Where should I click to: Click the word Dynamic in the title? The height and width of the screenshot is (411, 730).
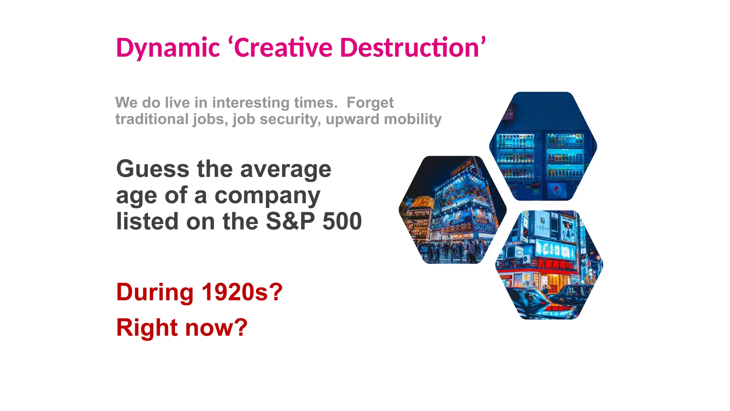(x=168, y=48)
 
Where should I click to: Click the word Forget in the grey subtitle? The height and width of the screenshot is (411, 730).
(x=370, y=103)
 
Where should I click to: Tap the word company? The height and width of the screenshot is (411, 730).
(x=267, y=196)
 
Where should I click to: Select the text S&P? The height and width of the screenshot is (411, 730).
(x=290, y=221)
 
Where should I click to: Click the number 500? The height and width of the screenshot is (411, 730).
(x=342, y=221)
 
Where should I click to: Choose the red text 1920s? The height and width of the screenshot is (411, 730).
(x=242, y=292)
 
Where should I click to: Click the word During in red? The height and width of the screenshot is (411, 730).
(x=155, y=292)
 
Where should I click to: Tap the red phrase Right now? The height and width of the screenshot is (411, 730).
(x=182, y=328)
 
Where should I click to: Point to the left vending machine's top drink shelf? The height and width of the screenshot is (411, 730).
(x=515, y=141)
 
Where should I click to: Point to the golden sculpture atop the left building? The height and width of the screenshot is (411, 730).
(x=423, y=202)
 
